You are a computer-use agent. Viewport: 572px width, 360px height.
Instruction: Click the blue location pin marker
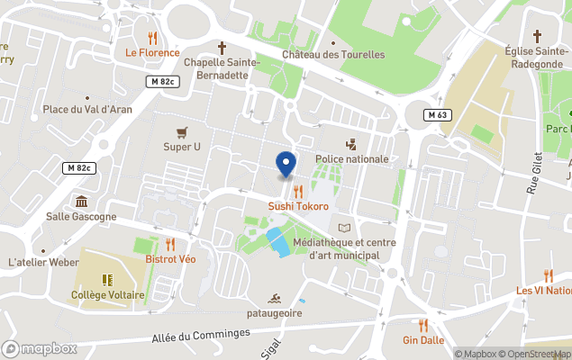(286, 164)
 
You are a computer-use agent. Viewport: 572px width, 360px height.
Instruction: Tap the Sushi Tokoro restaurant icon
(297, 191)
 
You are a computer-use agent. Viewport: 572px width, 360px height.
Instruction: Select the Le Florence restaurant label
(153, 52)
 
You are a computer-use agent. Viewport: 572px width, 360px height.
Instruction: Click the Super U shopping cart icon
(182, 131)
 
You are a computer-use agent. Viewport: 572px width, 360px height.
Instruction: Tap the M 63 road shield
(438, 114)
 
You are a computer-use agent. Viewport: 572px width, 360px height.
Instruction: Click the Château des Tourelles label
(333, 55)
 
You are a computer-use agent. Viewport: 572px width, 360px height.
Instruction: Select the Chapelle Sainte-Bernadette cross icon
(222, 47)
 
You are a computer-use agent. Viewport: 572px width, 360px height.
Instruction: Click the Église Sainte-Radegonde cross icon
(537, 36)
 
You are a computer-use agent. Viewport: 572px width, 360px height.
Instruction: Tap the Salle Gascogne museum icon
(82, 201)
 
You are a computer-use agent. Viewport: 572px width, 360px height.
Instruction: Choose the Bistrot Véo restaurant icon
(170, 244)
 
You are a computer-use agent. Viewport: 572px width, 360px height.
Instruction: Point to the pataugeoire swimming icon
(275, 298)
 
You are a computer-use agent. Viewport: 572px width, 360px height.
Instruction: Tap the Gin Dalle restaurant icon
(422, 325)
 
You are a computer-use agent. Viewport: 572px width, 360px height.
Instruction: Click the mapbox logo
(40, 348)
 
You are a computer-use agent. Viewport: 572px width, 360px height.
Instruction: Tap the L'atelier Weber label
(43, 262)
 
